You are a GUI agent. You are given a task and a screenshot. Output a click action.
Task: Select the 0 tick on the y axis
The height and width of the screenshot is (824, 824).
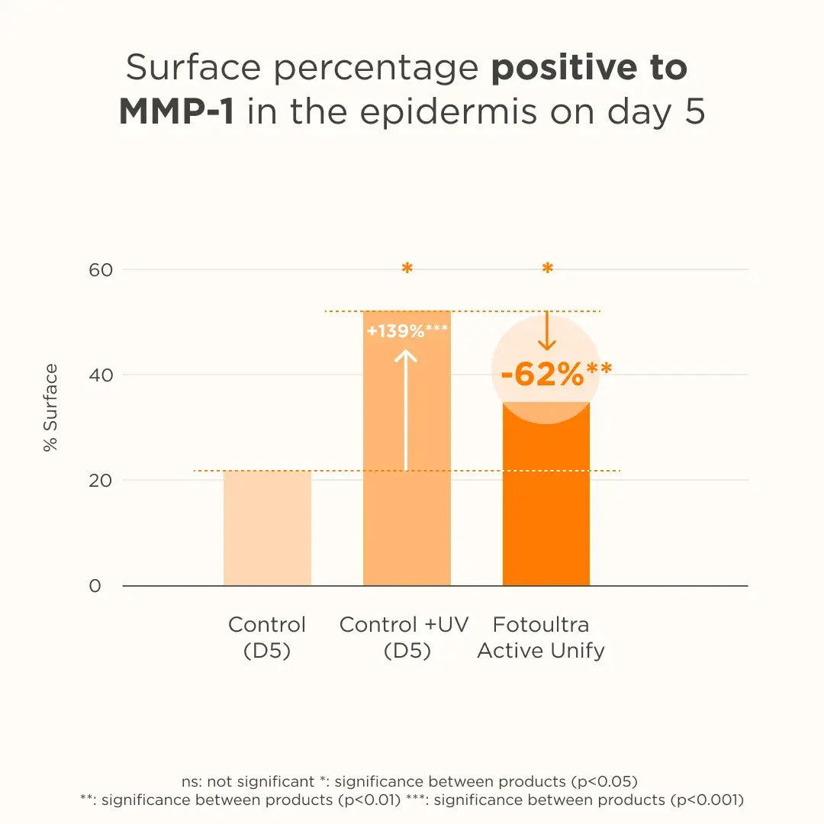click(95, 586)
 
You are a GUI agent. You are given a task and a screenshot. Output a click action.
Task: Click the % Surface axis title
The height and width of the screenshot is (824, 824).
click(50, 407)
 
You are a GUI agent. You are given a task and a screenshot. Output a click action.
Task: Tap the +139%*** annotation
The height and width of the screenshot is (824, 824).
click(407, 331)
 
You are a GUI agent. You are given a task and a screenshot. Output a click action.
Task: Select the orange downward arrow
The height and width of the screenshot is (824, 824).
click(546, 331)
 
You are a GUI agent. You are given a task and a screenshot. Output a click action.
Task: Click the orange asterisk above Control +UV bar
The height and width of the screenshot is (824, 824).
click(407, 269)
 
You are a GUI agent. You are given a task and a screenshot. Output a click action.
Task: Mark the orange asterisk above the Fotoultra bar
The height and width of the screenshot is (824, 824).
click(547, 269)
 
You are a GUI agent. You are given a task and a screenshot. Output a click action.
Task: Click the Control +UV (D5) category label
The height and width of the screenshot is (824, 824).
click(404, 637)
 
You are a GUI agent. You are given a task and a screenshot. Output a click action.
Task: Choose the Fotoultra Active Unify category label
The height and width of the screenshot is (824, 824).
click(541, 637)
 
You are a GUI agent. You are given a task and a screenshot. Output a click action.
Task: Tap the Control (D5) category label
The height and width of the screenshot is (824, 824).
click(267, 637)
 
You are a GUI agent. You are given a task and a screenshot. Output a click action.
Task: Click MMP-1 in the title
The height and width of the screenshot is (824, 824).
click(176, 112)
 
